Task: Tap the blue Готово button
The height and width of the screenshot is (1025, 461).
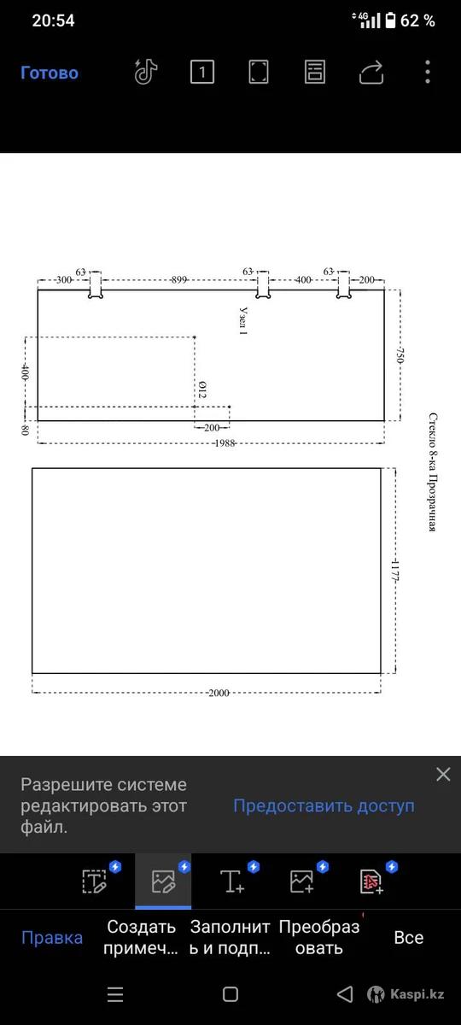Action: (x=50, y=73)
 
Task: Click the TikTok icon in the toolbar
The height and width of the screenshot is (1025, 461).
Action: (x=146, y=72)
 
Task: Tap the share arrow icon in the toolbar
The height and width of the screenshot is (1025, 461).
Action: (x=371, y=73)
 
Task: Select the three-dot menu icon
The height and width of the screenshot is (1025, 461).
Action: (x=428, y=72)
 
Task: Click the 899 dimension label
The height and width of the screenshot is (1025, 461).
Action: (x=178, y=279)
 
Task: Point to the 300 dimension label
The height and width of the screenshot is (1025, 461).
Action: (x=64, y=279)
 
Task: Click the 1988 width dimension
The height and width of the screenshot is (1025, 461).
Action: (x=225, y=443)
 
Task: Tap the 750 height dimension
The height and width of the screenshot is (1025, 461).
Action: (x=400, y=355)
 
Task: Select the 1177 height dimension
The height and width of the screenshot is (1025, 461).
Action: (x=395, y=571)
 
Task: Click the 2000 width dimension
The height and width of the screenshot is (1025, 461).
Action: (x=219, y=693)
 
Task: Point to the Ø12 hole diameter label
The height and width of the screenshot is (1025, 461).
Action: (x=202, y=389)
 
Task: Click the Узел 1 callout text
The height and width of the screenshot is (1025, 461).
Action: (x=243, y=321)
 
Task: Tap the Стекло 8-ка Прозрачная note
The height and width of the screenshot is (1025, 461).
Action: (x=433, y=471)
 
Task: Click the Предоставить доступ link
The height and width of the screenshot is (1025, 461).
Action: (x=324, y=805)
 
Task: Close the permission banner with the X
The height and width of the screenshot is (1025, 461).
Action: (x=443, y=774)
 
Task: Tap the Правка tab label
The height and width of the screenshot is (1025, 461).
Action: (x=52, y=938)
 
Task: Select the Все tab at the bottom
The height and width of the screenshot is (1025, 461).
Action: (x=409, y=938)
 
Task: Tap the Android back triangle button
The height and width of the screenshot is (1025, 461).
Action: (x=345, y=994)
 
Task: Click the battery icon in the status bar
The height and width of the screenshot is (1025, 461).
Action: (x=391, y=20)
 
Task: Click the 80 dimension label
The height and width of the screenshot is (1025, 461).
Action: (x=25, y=430)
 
